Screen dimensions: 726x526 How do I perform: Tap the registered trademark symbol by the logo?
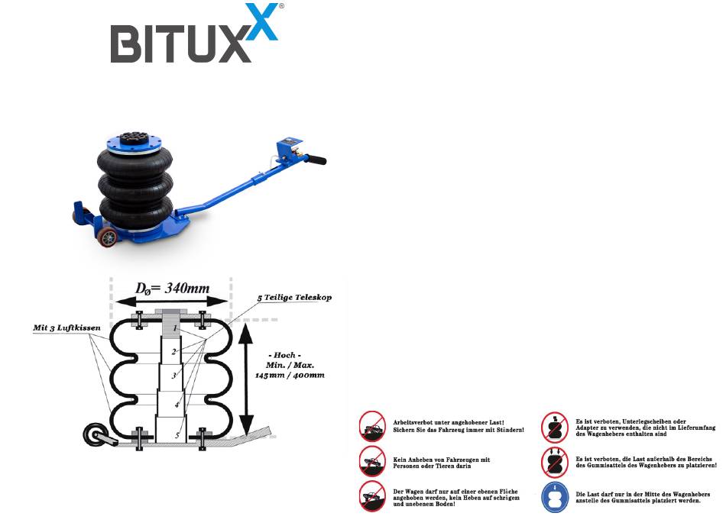tap(280, 5)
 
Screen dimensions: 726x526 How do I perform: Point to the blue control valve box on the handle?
tap(291, 148)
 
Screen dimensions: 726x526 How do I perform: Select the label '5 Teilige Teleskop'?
tap(295, 298)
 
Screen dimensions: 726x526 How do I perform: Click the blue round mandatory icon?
tap(553, 496)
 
